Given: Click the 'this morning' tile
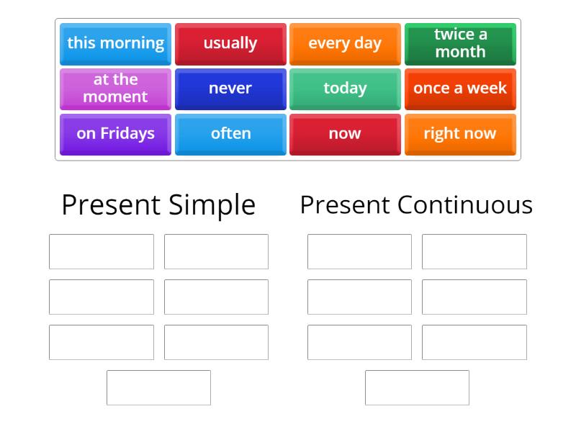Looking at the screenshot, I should pyautogui.click(x=115, y=43).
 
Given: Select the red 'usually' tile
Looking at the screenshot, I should pyautogui.click(x=230, y=43).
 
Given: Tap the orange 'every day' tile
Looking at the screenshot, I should pyautogui.click(x=345, y=43).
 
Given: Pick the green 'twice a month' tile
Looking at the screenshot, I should pyautogui.click(x=460, y=43).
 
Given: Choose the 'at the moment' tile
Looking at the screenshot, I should pyautogui.click(x=115, y=89).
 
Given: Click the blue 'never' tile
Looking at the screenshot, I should pyautogui.click(x=230, y=89).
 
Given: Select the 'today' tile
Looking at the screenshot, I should pyautogui.click(x=345, y=89).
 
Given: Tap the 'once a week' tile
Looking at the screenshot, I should pyautogui.click(x=460, y=89).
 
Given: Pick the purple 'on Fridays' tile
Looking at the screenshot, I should pyautogui.click(x=115, y=134).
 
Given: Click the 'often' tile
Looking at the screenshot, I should pyautogui.click(x=230, y=134).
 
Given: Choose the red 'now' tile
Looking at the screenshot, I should pyautogui.click(x=345, y=134).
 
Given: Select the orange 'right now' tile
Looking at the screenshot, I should pyautogui.click(x=460, y=134).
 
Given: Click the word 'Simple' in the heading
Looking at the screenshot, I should pyautogui.click(x=212, y=205).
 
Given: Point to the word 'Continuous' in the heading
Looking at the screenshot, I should pyautogui.click(x=464, y=205).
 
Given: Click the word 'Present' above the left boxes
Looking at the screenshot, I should pyautogui.click(x=111, y=205).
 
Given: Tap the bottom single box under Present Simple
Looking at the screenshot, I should pyautogui.click(x=158, y=387).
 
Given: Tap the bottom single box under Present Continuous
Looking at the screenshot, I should pyautogui.click(x=417, y=387).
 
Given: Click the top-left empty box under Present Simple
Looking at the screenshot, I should pyautogui.click(x=102, y=251).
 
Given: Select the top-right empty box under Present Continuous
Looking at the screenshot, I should pyautogui.click(x=474, y=251).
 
